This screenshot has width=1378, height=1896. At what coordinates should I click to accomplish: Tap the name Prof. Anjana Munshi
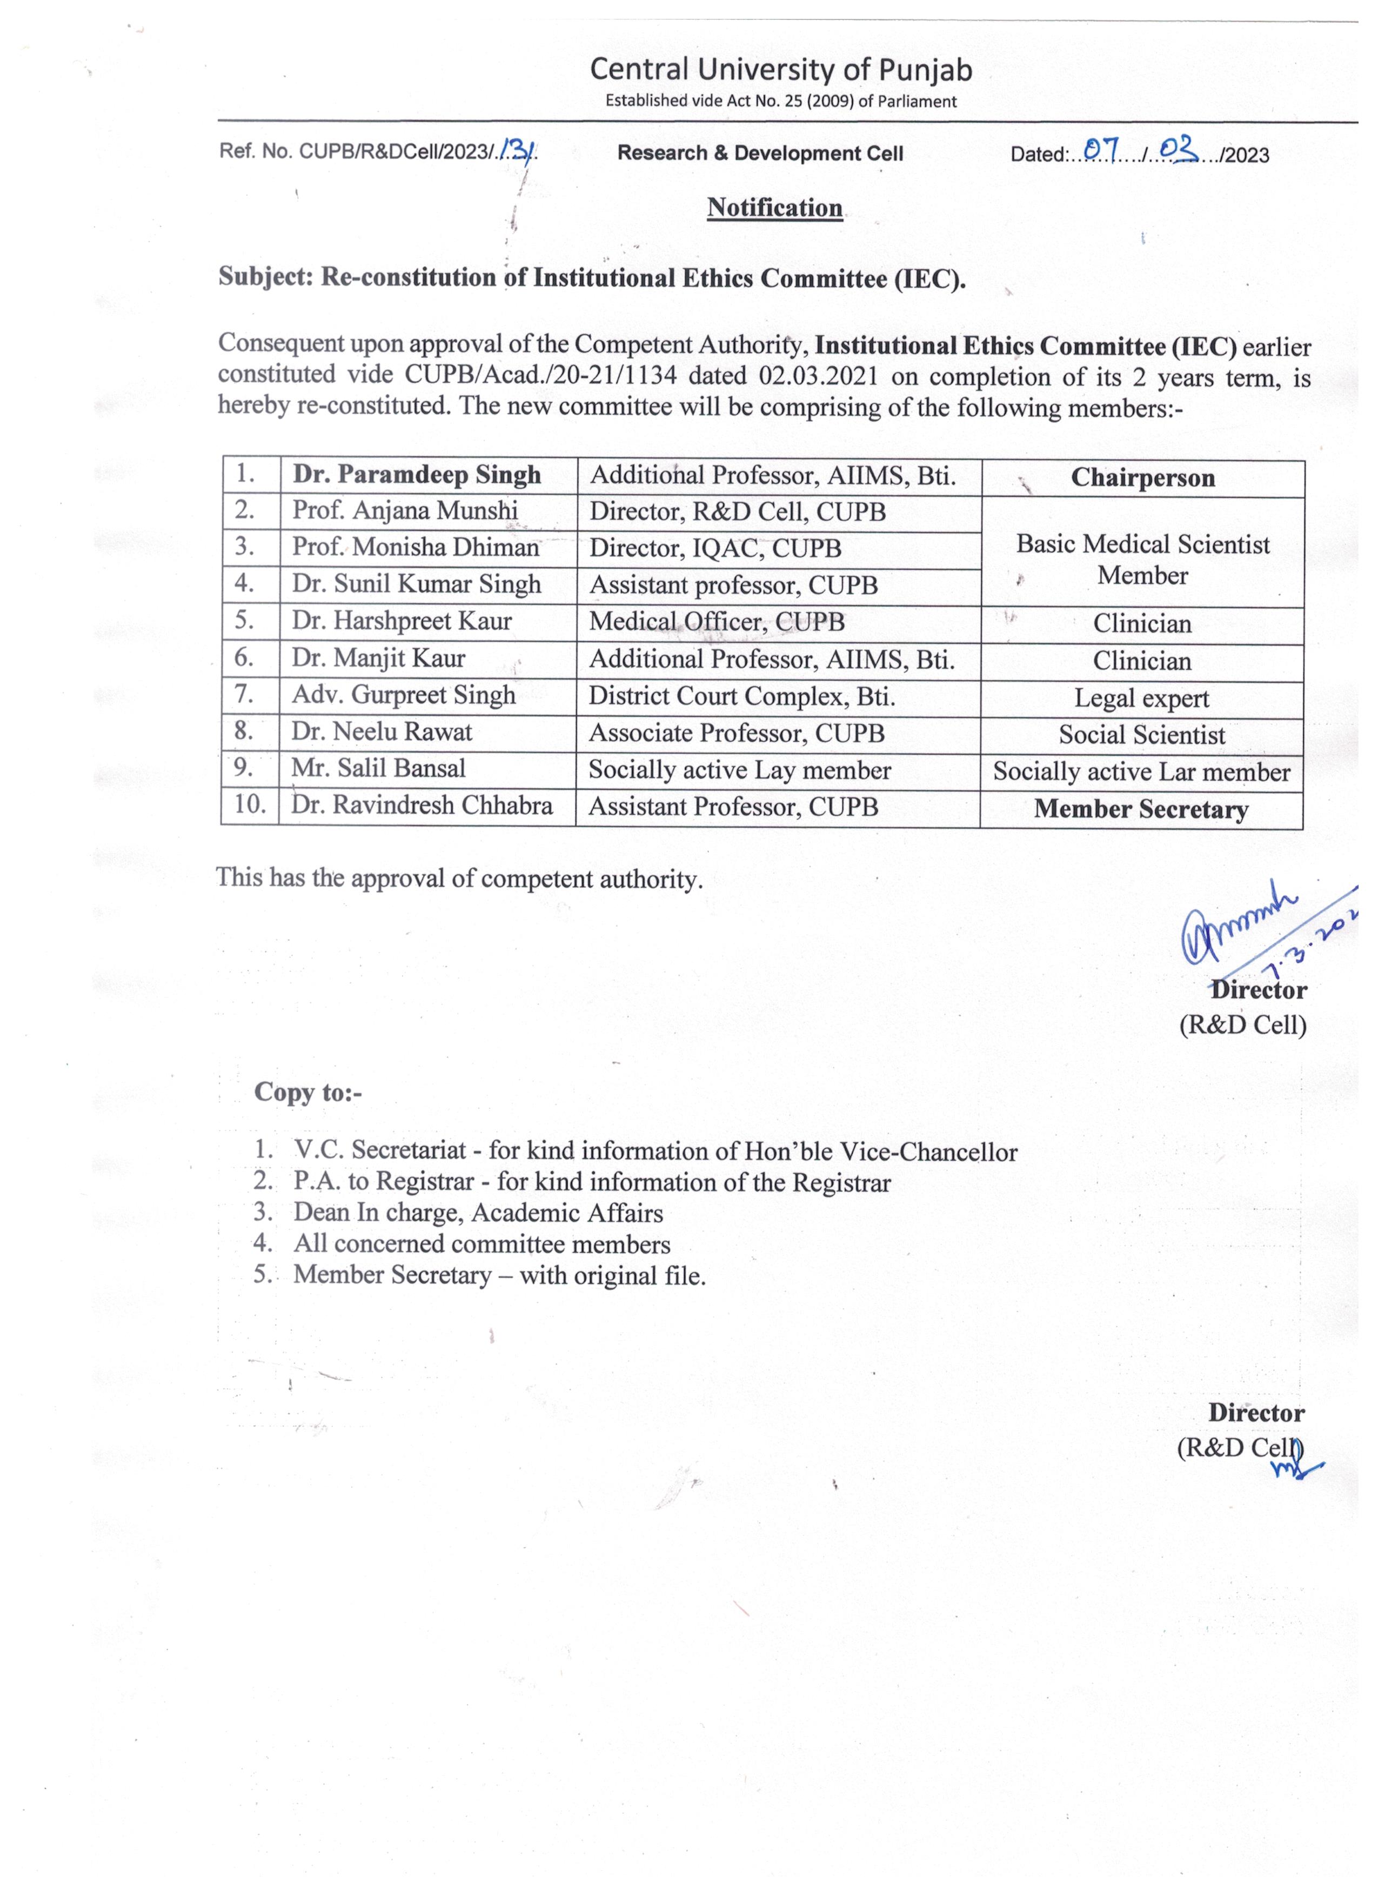(x=404, y=511)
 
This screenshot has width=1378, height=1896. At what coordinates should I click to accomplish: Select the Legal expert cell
(x=1141, y=698)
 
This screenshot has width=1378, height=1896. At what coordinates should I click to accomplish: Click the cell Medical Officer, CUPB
(x=716, y=622)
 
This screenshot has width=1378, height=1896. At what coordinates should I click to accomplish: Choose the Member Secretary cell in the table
(x=1141, y=809)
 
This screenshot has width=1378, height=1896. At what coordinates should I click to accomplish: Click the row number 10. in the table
(x=249, y=804)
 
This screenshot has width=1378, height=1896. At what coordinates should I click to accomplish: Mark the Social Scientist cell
(x=1141, y=735)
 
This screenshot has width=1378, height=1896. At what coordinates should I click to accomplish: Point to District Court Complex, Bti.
(x=741, y=696)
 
